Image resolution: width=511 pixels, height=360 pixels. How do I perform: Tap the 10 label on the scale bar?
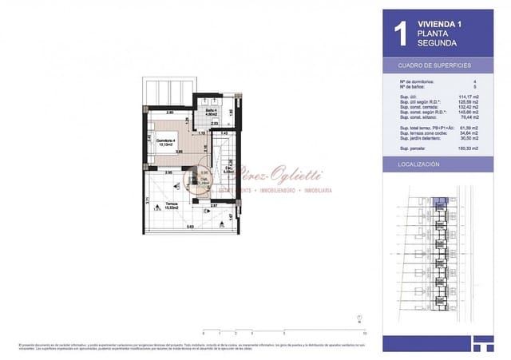click(364, 333)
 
